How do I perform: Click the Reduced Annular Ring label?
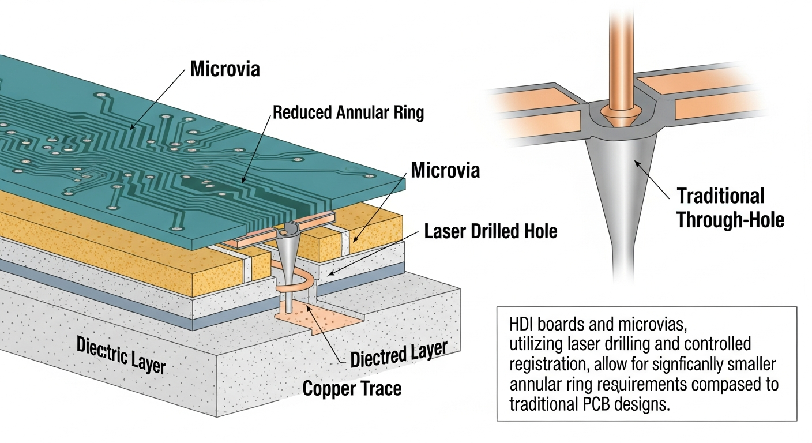pos(348,112)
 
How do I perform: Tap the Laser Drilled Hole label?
pos(491,231)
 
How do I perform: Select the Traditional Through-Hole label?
pos(730,208)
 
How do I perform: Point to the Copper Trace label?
pos(352,388)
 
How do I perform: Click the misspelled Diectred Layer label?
pos(399,354)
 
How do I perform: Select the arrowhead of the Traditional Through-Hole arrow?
pos(637,163)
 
